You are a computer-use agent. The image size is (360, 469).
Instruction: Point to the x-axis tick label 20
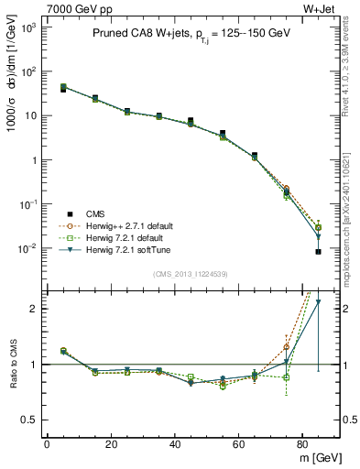(x=111, y=444)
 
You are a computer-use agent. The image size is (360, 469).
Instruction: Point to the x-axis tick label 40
(x=175, y=444)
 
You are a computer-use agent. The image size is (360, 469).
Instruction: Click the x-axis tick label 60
(x=239, y=444)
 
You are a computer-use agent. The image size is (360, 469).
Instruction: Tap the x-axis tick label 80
(x=303, y=444)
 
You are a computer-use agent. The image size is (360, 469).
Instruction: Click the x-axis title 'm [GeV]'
(x=316, y=457)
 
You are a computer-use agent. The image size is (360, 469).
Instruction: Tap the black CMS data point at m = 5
(x=62, y=89)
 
